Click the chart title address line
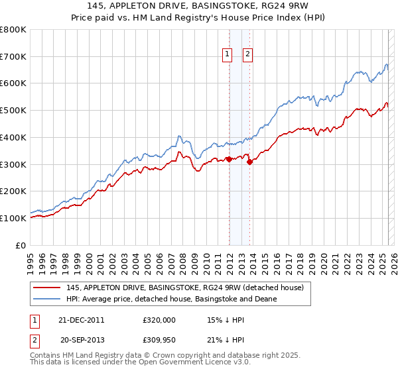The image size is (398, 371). (x=200, y=5)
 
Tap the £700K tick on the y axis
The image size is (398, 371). (x=14, y=57)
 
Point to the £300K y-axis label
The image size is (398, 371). (x=14, y=164)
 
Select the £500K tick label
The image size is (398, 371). (x=14, y=111)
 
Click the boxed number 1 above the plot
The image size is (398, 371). (x=227, y=54)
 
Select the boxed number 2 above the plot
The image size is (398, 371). (x=247, y=54)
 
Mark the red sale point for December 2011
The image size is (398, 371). (x=229, y=159)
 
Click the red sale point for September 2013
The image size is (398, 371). (x=249, y=162)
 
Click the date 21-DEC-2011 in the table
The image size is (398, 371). (x=82, y=319)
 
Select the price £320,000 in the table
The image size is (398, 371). (x=159, y=319)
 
